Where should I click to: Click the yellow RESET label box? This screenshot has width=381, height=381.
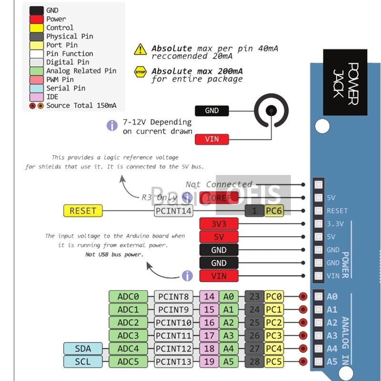tap(83, 211)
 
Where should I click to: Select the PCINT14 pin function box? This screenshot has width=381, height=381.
tap(174, 211)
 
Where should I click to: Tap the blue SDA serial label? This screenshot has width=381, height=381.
tap(83, 349)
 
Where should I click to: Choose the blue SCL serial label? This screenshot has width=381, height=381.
tap(83, 361)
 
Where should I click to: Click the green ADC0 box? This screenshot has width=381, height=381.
tap(128, 297)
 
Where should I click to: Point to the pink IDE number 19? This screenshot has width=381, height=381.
tap(209, 361)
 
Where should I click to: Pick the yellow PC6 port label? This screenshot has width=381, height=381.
tap(273, 211)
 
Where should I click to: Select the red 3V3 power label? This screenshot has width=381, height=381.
tap(219, 224)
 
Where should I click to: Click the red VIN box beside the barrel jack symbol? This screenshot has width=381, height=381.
tap(212, 139)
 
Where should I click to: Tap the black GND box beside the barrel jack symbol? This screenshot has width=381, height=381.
tap(212, 110)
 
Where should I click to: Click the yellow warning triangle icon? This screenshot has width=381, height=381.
tap(140, 49)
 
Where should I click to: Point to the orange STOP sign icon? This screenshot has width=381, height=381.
tap(140, 71)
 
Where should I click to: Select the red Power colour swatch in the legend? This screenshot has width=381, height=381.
tap(37, 19)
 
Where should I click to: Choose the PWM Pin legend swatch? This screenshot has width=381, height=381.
tap(37, 80)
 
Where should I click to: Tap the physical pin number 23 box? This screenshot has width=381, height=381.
tap(254, 297)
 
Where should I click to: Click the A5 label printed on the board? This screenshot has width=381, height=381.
tap(332, 361)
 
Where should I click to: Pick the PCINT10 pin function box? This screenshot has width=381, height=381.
tap(174, 322)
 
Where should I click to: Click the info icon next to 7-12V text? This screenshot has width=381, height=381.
tap(112, 126)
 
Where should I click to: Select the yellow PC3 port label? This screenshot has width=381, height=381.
tap(274, 335)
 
